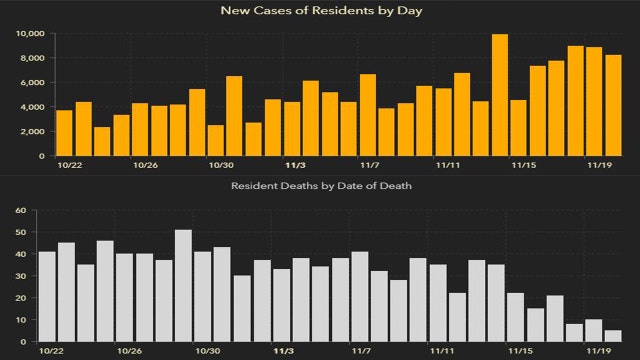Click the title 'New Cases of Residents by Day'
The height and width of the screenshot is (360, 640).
pos(319,11)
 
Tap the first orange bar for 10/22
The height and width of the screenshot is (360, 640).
pos(64,133)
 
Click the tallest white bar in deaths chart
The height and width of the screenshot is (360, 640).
pos(183,286)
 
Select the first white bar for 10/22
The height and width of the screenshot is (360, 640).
pos(47,296)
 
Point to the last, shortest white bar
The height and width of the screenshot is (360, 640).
pos(613,336)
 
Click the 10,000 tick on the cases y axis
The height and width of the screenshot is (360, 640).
pos(31,33)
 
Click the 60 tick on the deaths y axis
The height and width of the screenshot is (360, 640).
pos(19,211)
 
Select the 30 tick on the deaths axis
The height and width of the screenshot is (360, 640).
pos(19,276)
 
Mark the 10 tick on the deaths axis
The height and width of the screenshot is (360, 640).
pos(19,320)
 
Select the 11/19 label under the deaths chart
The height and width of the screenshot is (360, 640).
pos(598,352)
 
